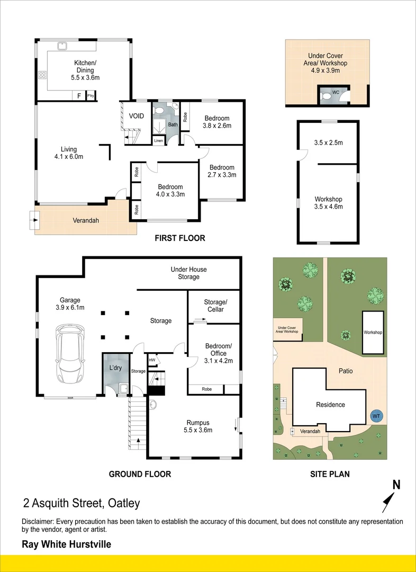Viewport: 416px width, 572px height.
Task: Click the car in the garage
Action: [x=70, y=354]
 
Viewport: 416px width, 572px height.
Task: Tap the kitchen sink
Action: [x=62, y=46]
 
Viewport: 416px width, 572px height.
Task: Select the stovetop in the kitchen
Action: [x=43, y=75]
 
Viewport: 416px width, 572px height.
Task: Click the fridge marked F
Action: [x=79, y=96]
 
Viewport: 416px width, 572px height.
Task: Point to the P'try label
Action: [x=91, y=96]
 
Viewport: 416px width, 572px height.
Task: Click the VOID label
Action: [x=137, y=116]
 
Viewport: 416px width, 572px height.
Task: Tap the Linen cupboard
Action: [x=159, y=140]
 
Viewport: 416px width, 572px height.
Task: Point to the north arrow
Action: [x=388, y=503]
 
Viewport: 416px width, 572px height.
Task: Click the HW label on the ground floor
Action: [x=152, y=360]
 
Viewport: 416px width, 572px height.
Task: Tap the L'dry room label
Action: [x=115, y=368]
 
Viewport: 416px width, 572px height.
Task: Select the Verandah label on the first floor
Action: [x=86, y=220]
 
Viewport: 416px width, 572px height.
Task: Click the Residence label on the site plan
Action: [x=330, y=405]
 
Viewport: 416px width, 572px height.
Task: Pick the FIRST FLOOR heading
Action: [x=180, y=238]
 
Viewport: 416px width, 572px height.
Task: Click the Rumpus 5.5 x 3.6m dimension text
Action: [x=198, y=430]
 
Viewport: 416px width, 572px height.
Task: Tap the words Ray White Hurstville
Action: [x=66, y=544]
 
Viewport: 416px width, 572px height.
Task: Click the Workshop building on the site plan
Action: [x=373, y=332]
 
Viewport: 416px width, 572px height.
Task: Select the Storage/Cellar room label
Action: [x=215, y=306]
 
